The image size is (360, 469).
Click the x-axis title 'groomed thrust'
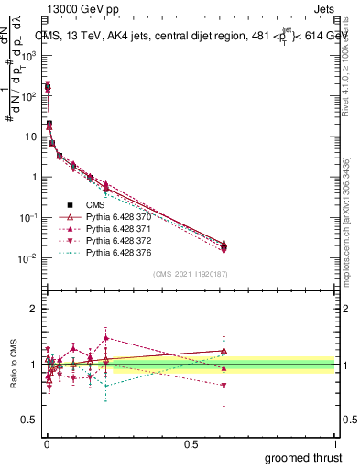305,457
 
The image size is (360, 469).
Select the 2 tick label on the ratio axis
33,309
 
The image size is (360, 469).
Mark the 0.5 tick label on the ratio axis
30,420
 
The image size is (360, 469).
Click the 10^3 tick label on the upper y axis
28,54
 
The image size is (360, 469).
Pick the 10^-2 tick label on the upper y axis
28,258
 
